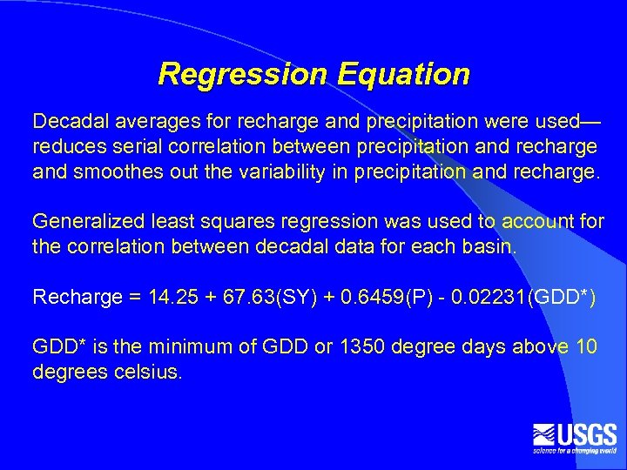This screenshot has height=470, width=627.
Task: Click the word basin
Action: pos(489,246)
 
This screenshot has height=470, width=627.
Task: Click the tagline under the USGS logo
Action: pos(575,450)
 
